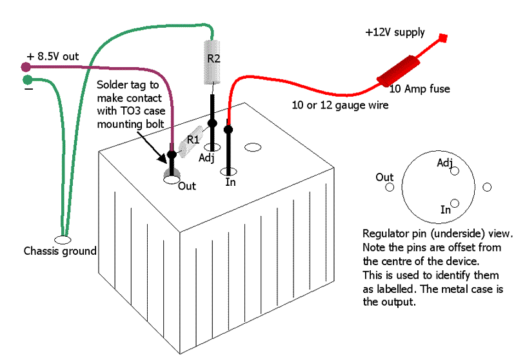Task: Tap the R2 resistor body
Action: click(213, 62)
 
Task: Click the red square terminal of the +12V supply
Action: click(444, 37)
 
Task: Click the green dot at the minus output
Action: click(27, 80)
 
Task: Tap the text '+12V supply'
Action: click(395, 32)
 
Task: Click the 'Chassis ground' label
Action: click(60, 251)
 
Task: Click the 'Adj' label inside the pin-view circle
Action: click(444, 163)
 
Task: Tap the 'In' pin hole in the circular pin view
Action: click(455, 203)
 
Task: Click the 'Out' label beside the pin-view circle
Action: click(384, 177)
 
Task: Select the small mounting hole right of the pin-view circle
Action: click(487, 187)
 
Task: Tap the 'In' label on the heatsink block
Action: click(231, 183)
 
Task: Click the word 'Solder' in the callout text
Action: click(112, 85)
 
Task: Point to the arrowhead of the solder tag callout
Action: click(166, 157)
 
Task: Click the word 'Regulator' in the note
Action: click(385, 232)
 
